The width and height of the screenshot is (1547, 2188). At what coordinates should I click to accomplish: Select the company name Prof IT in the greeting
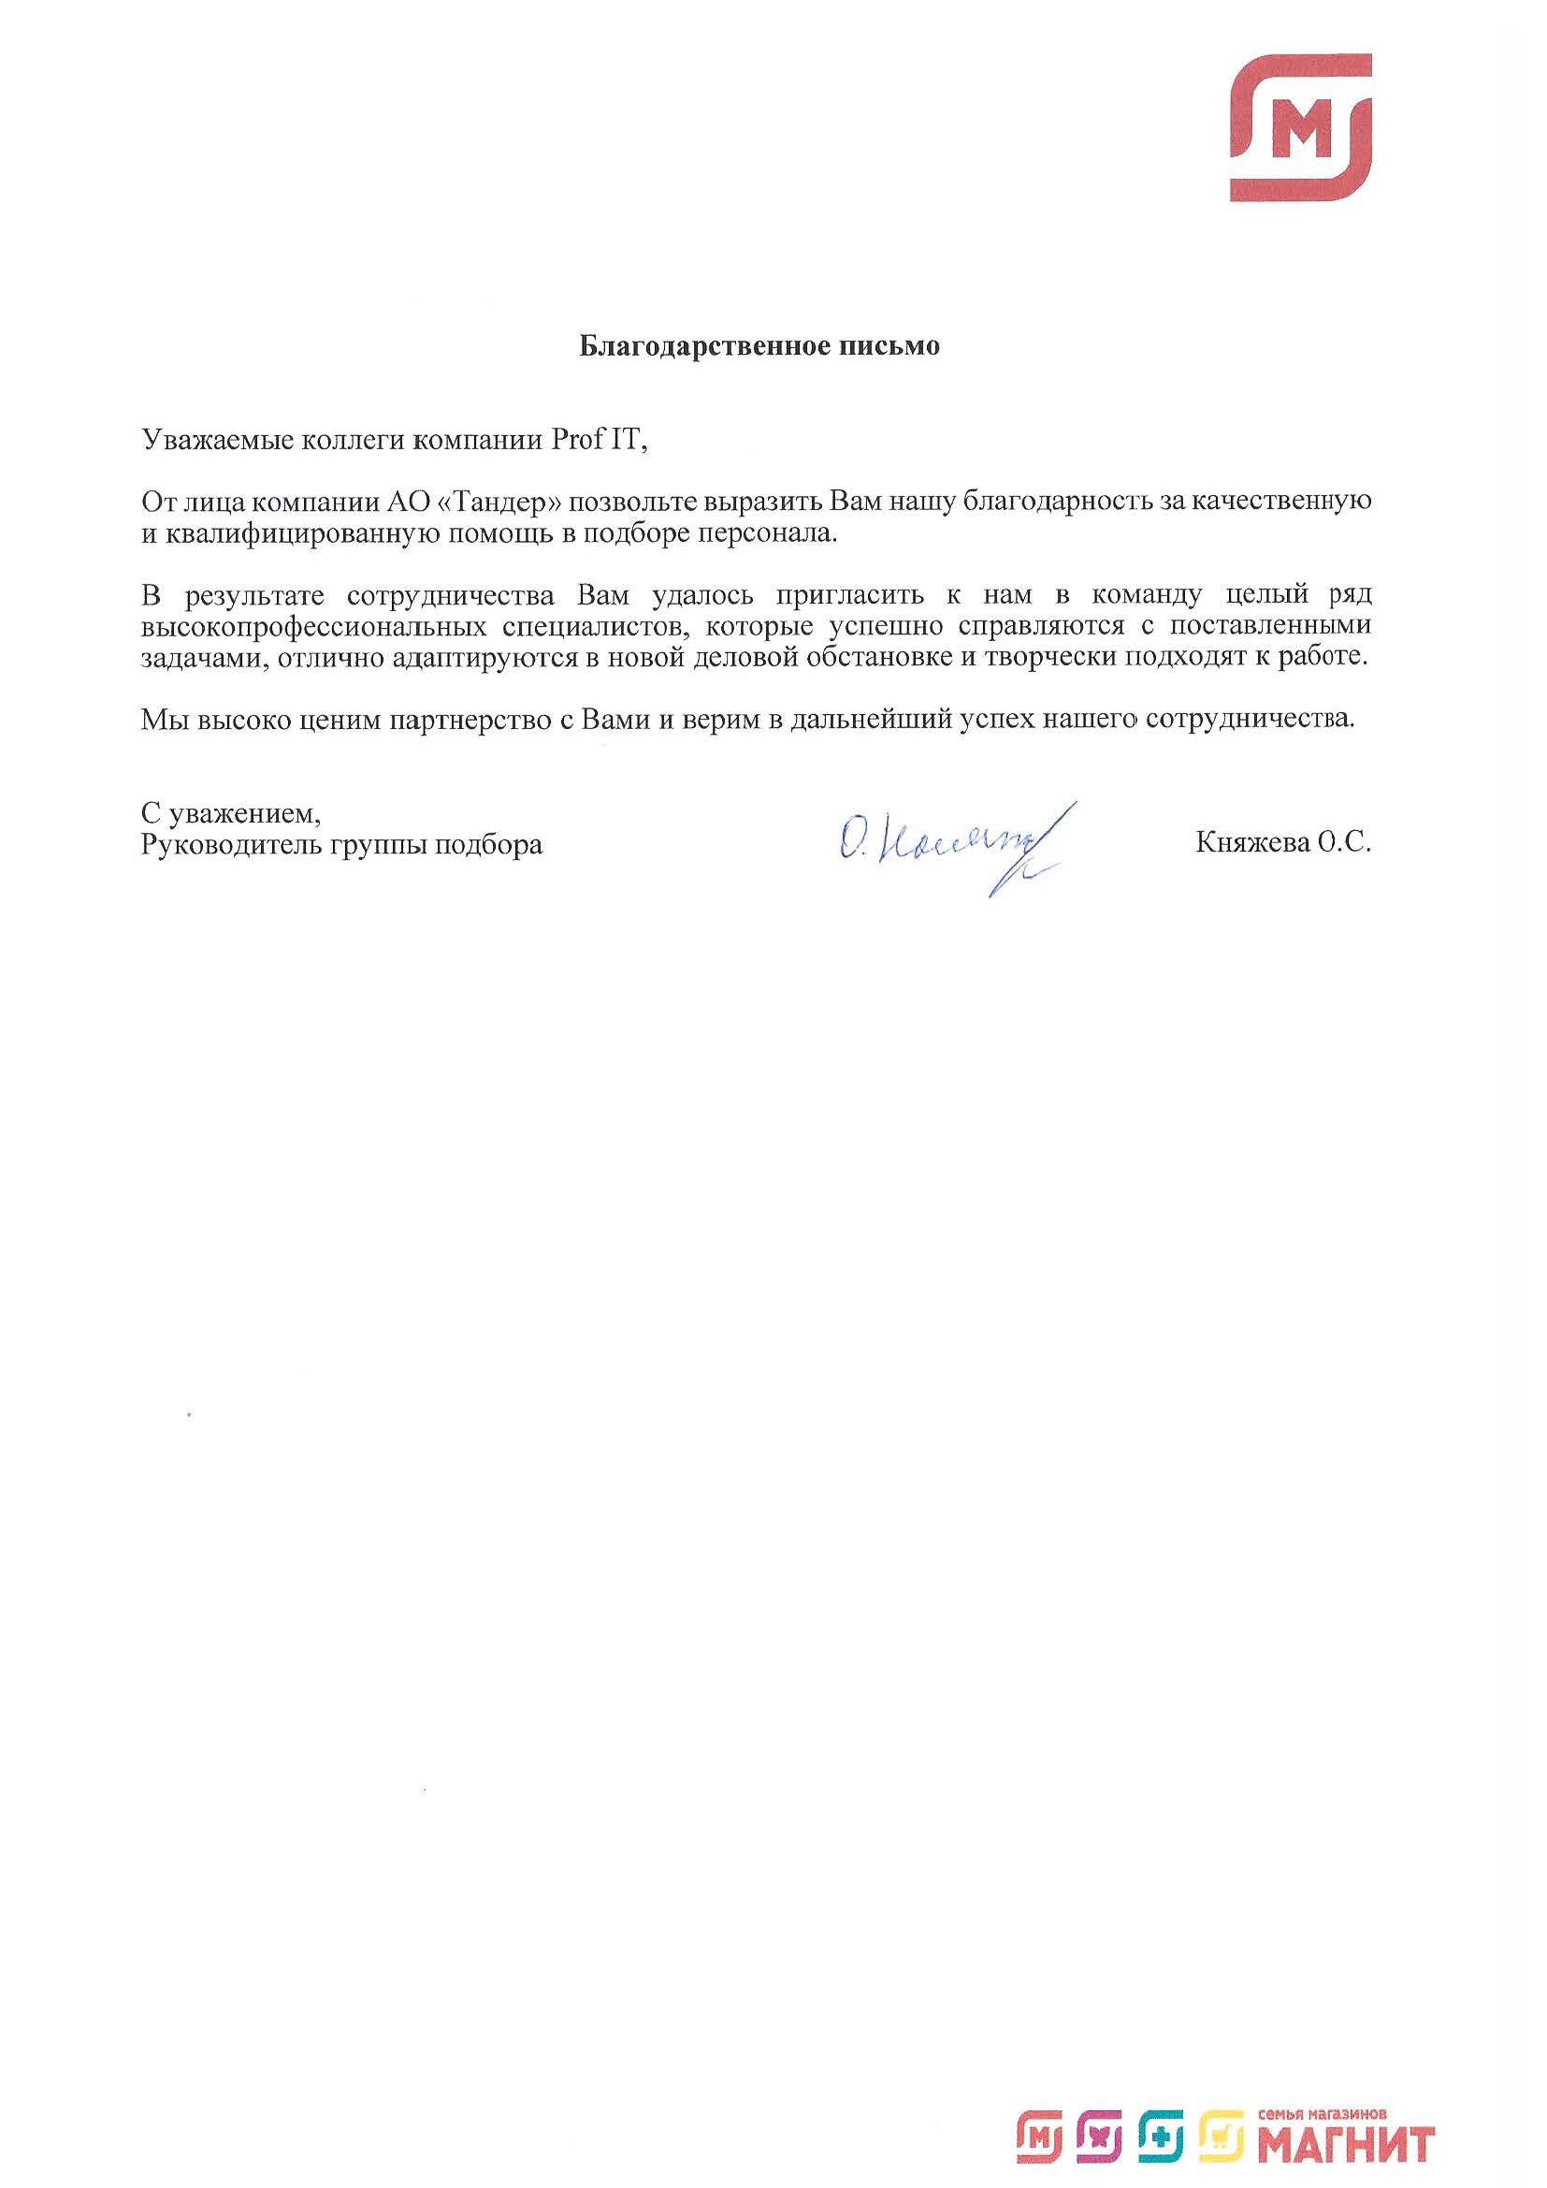click(x=597, y=440)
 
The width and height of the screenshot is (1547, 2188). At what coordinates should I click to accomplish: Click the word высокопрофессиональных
click(x=309, y=627)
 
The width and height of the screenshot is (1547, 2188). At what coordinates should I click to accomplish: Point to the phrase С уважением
click(x=230, y=813)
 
